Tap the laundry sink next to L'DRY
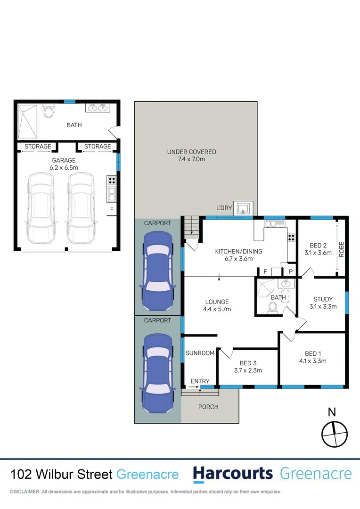coord(243,208)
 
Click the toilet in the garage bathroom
coord(49,111)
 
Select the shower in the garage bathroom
coord(30,121)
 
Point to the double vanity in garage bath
coord(98,108)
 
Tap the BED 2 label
coord(318,246)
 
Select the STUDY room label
coord(323,299)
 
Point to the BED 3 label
coord(248,362)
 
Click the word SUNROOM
coord(200,353)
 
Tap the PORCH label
coord(208,407)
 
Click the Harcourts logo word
coord(233,474)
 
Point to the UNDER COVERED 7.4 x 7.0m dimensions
coord(191,159)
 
